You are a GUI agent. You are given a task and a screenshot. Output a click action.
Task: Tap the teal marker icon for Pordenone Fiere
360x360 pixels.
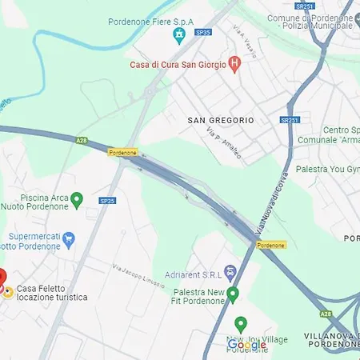click(x=179, y=34)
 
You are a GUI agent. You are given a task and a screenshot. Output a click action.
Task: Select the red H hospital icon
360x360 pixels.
click(x=234, y=63)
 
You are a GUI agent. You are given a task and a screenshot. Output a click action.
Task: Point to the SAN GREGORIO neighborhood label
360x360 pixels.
click(x=220, y=120)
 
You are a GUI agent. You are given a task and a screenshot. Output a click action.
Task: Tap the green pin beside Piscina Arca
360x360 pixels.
click(x=77, y=199)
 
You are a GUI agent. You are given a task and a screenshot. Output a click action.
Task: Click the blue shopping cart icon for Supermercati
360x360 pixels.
click(x=68, y=238)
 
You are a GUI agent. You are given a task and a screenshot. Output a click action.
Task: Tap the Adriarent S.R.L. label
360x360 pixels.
click(x=191, y=274)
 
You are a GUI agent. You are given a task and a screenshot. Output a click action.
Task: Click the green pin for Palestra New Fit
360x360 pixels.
click(x=233, y=295)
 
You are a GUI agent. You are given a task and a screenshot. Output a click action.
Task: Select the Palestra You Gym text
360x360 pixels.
click(x=327, y=170)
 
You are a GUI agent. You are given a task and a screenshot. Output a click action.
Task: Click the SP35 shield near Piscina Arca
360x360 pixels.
click(x=106, y=200)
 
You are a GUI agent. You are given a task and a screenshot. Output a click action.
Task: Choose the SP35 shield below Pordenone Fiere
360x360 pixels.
click(x=203, y=32)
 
